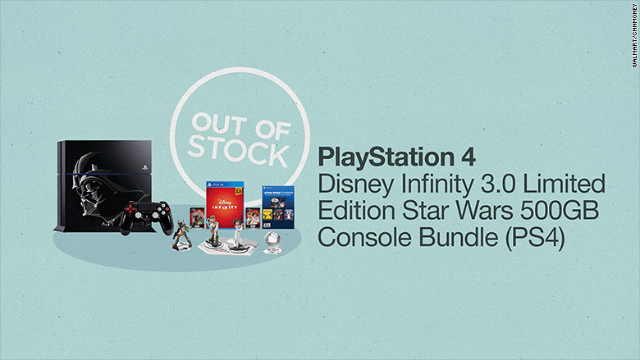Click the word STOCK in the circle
pos(239,152)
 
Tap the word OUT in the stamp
pos(219,124)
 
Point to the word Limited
pos(564,184)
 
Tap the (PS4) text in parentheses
pos(535,238)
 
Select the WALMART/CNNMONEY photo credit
pos(634,35)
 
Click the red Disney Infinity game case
pos(225,204)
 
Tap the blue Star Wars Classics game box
pos(278,207)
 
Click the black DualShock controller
pos(147,216)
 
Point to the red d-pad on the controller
pos(130,209)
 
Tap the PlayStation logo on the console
pos(144,167)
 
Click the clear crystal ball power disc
pos(272,242)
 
